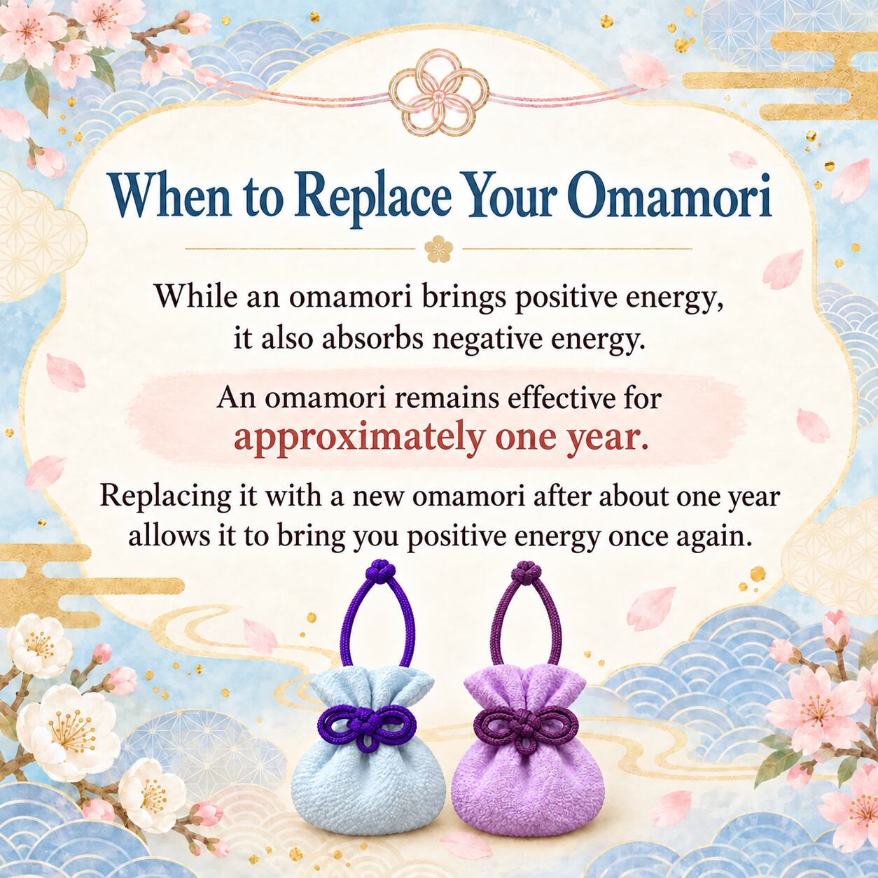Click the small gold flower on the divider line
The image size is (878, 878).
(x=438, y=249)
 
